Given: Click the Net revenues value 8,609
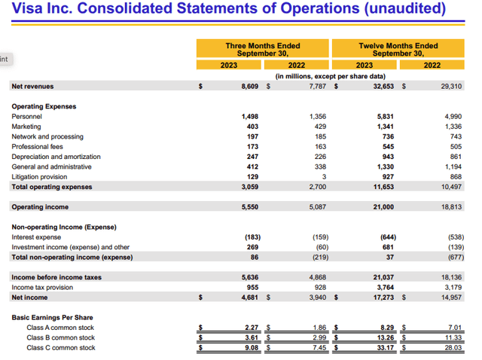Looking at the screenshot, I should point(248,87).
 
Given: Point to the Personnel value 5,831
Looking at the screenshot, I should point(385,117).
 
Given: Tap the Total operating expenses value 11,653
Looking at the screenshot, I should point(383,186).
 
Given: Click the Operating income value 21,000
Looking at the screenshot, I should point(383,206).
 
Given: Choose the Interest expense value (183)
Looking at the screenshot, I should point(250,237).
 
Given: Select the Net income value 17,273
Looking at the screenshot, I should point(383,297).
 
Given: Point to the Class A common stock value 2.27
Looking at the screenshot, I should point(252,328).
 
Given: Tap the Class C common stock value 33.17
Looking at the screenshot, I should point(385,347).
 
